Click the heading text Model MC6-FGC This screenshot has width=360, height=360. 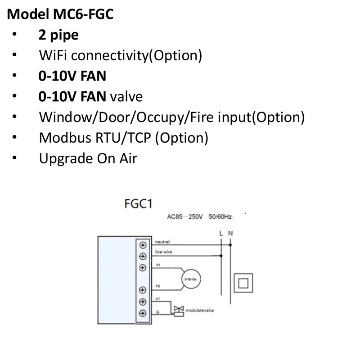pos(60,14)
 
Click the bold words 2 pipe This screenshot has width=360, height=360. pos(58,35)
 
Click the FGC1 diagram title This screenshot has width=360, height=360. pos(138,204)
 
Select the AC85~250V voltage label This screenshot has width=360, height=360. pos(185,217)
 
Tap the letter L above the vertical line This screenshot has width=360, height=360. pos(221,234)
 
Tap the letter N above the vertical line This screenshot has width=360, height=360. pos(230,234)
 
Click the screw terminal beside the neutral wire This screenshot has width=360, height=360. pos(143,245)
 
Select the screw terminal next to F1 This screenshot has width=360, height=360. pos(143,268)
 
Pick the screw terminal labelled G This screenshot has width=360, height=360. pos(143,313)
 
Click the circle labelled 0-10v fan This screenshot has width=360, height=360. pos(190,279)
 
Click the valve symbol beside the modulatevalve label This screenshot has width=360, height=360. pos(179,310)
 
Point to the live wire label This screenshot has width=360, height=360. pos(163,252)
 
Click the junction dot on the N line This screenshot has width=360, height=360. pos(230,245)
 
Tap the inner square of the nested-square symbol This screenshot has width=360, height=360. pos(243,283)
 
